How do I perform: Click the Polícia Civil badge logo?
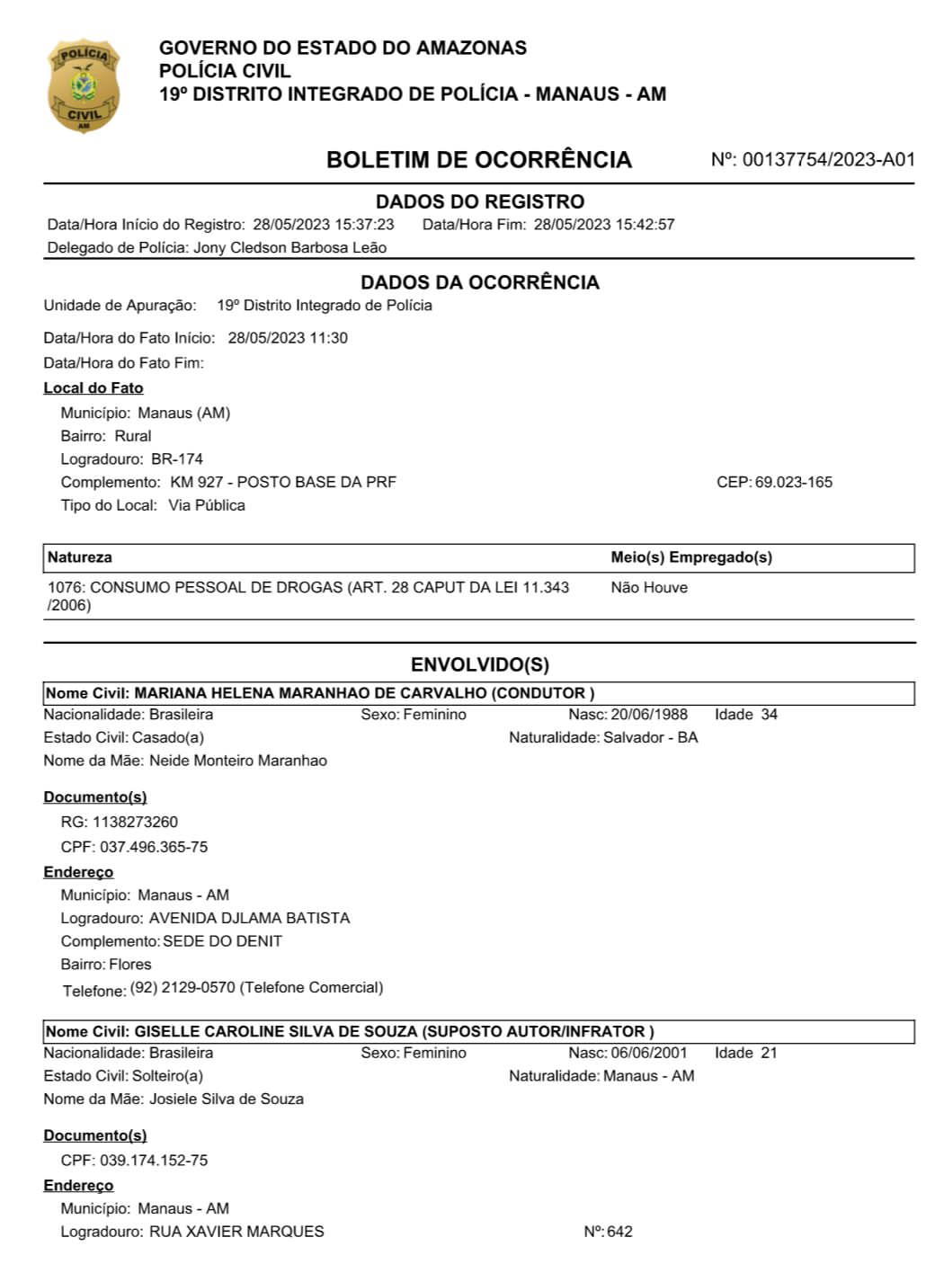(x=83, y=86)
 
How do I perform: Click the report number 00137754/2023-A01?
(x=828, y=160)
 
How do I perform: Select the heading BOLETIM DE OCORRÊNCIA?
(x=478, y=160)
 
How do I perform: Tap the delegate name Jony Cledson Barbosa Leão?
(x=289, y=248)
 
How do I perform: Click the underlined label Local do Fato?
(x=93, y=388)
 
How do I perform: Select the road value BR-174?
(x=177, y=459)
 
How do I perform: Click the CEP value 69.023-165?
(x=793, y=483)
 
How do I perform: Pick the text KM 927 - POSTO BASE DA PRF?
(x=283, y=483)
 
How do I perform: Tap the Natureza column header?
(x=80, y=557)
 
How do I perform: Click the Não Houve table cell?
(x=649, y=588)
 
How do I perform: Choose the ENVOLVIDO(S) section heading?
(x=479, y=665)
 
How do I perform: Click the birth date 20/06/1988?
(x=649, y=715)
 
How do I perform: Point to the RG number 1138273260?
(x=135, y=823)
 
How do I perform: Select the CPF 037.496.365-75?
(x=154, y=848)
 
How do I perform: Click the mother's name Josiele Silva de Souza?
(x=227, y=1099)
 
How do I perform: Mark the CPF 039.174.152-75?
(x=154, y=1161)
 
